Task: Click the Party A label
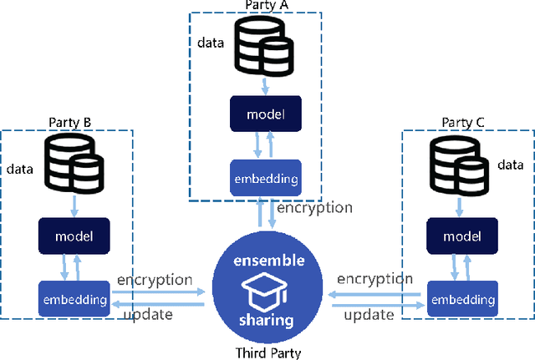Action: pos(267,6)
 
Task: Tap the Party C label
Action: pos(462,123)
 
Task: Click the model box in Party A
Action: pos(265,114)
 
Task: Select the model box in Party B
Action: pos(74,236)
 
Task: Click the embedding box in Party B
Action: pos(74,298)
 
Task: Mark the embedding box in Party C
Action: pos(460,298)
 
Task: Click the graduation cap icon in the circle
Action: pos(265,292)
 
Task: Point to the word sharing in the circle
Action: pos(265,321)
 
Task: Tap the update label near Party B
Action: pos(149,314)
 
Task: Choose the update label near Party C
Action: pos(369,314)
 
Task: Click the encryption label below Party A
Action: pos(314,208)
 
